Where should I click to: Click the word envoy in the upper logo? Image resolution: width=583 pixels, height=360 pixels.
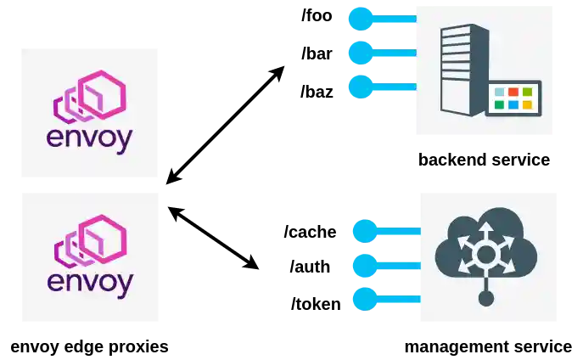(90, 138)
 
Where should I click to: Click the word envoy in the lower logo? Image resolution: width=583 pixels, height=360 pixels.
(90, 282)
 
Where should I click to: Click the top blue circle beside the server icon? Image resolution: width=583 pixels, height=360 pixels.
(361, 19)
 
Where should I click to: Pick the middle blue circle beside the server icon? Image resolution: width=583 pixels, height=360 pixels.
(361, 53)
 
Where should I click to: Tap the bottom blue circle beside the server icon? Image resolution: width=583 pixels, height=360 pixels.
(361, 87)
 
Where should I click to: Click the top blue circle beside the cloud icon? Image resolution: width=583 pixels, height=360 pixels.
(365, 231)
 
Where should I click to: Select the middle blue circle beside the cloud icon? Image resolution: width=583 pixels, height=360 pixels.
(365, 265)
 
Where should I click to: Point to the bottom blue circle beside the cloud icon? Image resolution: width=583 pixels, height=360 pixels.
(365, 299)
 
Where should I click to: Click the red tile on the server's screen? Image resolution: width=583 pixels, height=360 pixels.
(513, 92)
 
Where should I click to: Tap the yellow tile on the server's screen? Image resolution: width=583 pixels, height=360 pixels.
(526, 105)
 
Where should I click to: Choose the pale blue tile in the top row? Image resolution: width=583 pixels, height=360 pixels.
(499, 92)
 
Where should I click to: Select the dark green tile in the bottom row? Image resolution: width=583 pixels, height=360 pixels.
(499, 105)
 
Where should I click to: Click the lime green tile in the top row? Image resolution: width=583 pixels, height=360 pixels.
(526, 92)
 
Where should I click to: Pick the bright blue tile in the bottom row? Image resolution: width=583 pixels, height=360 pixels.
(513, 105)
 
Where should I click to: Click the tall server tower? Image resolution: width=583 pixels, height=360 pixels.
(462, 68)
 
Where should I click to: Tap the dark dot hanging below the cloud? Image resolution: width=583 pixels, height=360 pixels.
(485, 298)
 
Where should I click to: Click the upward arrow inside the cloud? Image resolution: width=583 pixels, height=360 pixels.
(485, 231)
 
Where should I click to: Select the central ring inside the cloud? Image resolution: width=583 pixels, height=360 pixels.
(485, 254)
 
